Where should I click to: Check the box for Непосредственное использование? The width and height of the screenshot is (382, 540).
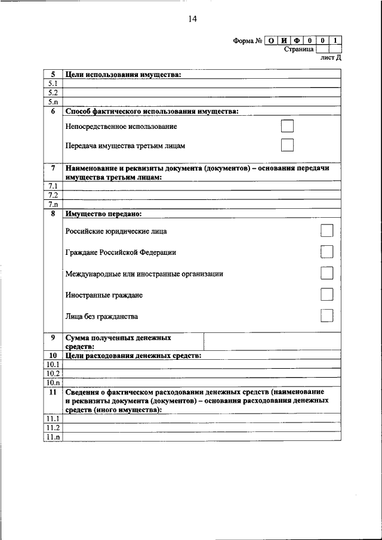[x=287, y=126]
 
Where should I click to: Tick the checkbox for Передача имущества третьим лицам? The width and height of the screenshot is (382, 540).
[x=287, y=145]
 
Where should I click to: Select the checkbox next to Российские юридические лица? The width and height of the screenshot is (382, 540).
[x=326, y=230]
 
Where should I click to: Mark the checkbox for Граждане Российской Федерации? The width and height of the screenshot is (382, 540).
[x=326, y=252]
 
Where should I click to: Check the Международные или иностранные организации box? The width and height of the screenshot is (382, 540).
[x=326, y=273]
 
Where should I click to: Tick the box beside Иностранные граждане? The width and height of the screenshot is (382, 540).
[x=326, y=295]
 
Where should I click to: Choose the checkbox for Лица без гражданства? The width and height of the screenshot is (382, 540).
[x=326, y=316]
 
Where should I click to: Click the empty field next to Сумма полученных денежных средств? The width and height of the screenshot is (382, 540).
[x=272, y=342]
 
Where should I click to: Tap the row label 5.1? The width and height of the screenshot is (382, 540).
[x=53, y=84]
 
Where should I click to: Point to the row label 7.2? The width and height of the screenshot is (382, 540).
[x=53, y=195]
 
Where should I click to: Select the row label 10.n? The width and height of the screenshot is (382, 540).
[x=53, y=382]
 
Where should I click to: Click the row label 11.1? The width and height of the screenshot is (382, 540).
[x=53, y=419]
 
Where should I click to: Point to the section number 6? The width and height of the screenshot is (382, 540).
[x=53, y=111]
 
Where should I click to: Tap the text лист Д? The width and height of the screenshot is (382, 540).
[x=331, y=58]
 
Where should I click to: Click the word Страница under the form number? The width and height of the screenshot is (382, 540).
[x=300, y=49]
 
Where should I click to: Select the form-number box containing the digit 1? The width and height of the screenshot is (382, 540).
[x=336, y=41]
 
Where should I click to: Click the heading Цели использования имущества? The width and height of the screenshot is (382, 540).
[x=123, y=75]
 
